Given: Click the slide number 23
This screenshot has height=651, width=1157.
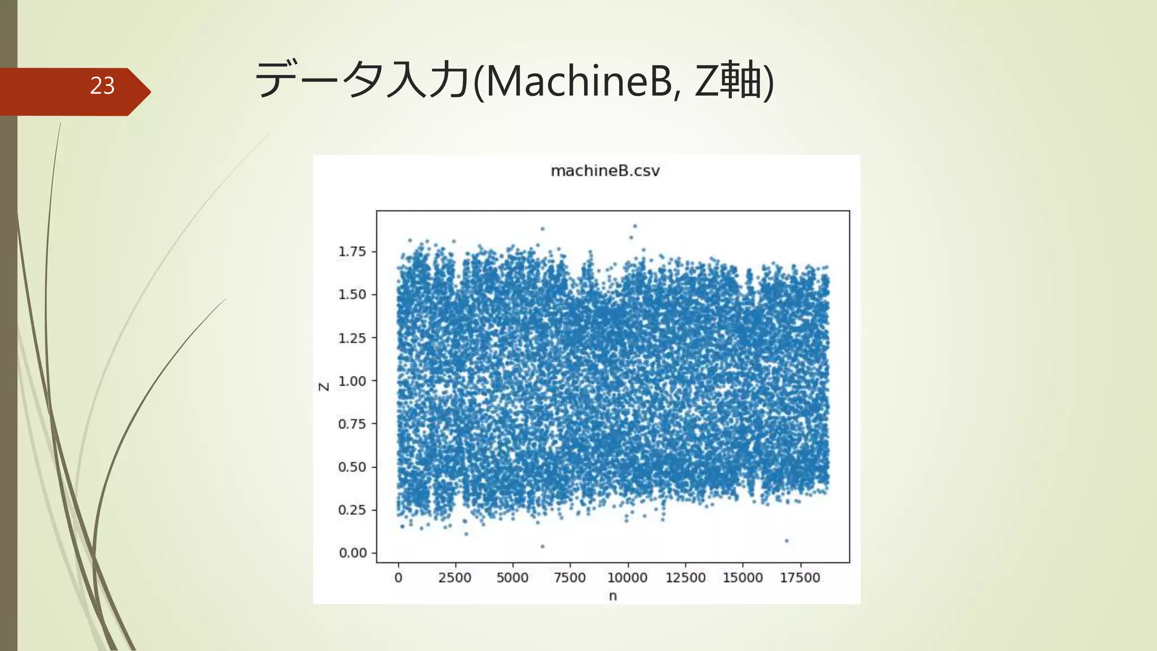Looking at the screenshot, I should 102,86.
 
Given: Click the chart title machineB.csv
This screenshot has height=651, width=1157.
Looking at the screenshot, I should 605,171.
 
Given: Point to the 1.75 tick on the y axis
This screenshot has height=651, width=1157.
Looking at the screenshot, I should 352,251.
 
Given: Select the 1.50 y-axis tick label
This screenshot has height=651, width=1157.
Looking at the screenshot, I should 352,294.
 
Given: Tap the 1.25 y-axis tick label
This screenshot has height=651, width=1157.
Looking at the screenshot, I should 352,338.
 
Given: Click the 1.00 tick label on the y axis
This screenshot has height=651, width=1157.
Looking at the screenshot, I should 352,381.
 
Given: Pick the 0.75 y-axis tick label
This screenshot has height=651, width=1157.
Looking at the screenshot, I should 352,424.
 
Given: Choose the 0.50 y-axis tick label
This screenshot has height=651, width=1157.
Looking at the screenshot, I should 352,467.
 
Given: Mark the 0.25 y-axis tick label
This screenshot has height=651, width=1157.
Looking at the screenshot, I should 352,510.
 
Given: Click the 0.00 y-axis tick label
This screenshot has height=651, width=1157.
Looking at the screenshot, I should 353,553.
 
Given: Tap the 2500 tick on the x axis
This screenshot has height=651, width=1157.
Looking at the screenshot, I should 455,578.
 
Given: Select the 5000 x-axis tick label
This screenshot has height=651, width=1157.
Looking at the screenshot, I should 512,578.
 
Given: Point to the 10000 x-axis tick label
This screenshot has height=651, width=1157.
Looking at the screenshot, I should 627,578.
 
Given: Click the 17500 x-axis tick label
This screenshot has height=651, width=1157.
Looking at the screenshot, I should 800,578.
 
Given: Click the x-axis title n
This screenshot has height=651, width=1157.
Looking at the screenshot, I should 613,596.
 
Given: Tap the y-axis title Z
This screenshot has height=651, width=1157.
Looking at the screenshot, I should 324,387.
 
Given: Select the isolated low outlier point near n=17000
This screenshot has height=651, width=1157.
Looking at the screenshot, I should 786,541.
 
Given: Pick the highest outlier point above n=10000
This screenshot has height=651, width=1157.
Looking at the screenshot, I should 635,226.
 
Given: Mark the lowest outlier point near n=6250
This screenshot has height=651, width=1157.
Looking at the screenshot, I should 542,546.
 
